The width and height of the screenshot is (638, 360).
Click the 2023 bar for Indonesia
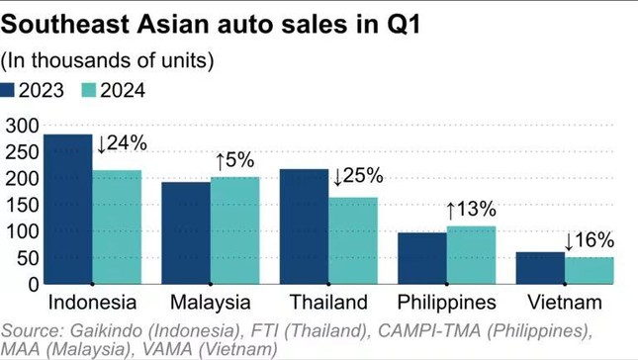click(x=68, y=210)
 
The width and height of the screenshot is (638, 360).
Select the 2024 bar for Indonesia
click(x=117, y=227)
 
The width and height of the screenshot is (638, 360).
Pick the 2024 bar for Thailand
click(x=353, y=241)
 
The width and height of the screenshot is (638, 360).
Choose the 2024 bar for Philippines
click(x=471, y=255)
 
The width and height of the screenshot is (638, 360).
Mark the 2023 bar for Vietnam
click(x=540, y=268)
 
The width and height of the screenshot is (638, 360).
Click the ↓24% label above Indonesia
click(x=122, y=143)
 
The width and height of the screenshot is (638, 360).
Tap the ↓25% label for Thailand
click(x=357, y=177)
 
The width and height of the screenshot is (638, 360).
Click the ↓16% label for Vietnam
click(x=589, y=239)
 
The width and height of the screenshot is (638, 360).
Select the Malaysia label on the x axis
click(x=210, y=302)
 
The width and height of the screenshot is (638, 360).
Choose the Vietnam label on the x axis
click(x=565, y=302)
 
